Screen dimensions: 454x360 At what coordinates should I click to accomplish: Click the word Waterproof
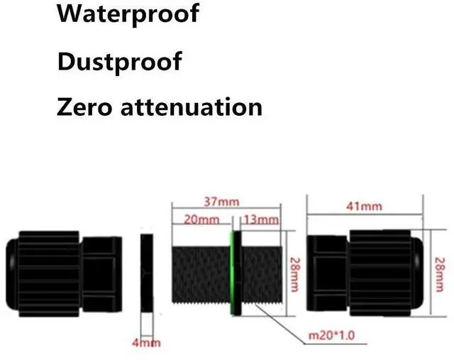tap(128, 14)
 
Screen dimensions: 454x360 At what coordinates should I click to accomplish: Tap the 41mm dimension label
tap(365, 206)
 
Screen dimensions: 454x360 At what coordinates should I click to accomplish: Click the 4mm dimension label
tap(149, 343)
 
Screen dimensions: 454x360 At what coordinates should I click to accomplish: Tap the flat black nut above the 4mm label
tap(148, 274)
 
